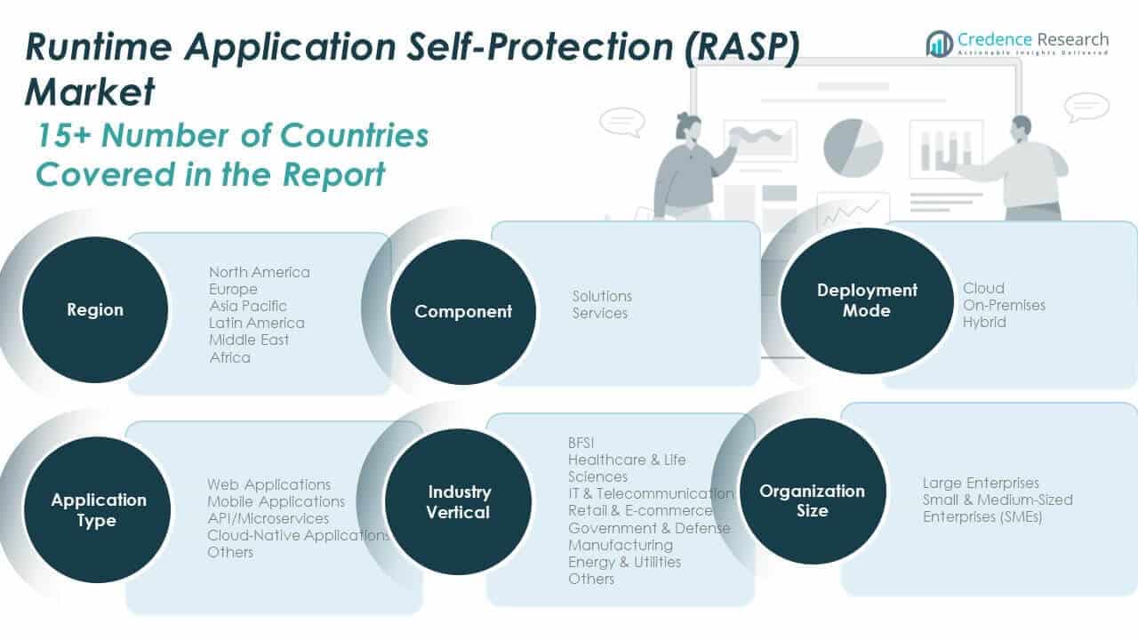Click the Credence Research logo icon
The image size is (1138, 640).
[939, 43]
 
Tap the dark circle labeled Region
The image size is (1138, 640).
[95, 310]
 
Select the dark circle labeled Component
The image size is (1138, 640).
[463, 312]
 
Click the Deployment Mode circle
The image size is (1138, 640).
[867, 300]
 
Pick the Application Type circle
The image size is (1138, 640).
[98, 510]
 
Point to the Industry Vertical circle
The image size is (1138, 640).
[459, 502]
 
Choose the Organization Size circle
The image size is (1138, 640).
[812, 500]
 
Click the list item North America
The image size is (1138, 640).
[260, 272]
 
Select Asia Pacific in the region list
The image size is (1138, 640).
[248, 306]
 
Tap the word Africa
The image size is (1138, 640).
[230, 357]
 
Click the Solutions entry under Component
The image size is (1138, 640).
[602, 296]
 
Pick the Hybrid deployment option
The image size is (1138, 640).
[984, 322]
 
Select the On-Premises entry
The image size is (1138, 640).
[1004, 305]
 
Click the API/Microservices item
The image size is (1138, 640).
[268, 518]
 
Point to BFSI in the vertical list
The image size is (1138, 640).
[581, 443]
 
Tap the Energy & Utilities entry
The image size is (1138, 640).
[625, 562]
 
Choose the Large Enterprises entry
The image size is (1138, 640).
[981, 483]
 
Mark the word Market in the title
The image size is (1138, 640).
[90, 92]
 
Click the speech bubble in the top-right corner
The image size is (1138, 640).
[1086, 107]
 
